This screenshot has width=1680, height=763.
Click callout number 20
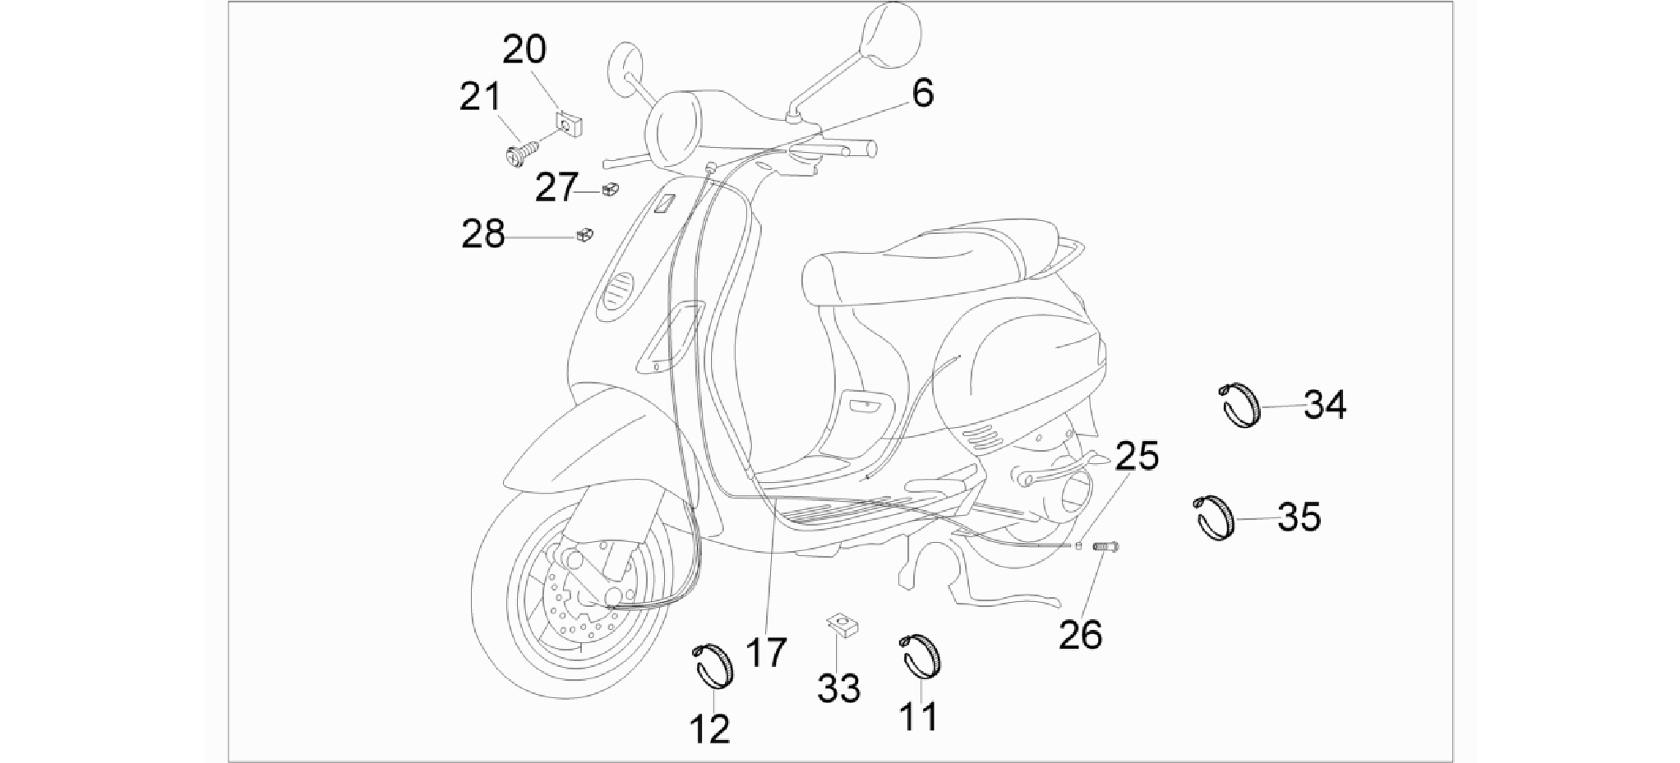click(524, 50)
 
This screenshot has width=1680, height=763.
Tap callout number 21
click(480, 97)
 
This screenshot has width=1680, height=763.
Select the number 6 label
click(923, 94)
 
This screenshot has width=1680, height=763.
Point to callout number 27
click(556, 188)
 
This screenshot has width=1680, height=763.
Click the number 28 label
click(482, 235)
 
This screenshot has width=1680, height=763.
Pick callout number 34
click(1325, 405)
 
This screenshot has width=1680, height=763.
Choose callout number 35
click(1299, 517)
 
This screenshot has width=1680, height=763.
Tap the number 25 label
click(1138, 456)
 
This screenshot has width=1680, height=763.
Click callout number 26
click(1080, 635)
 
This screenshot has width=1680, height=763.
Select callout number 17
click(765, 653)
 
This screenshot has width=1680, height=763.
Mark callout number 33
click(838, 688)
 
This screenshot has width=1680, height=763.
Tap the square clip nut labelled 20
click(569, 124)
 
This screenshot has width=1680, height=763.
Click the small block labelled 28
click(584, 235)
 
